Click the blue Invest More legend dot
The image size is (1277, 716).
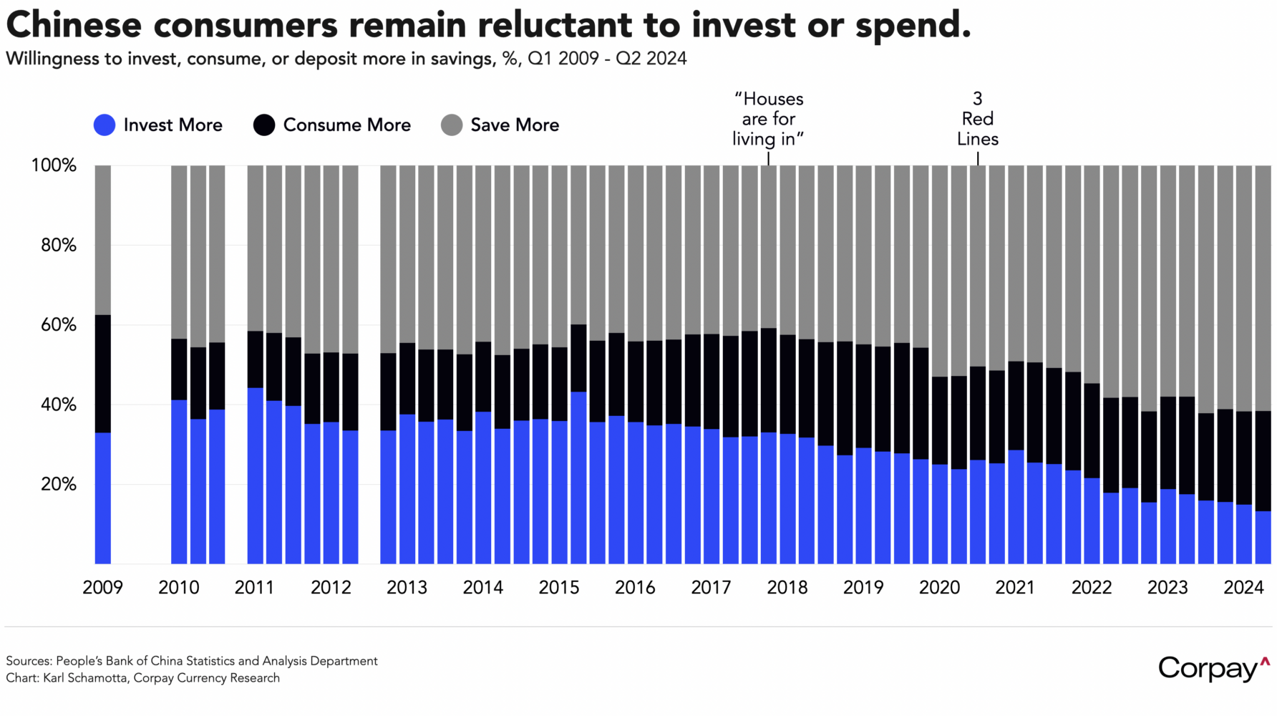(x=105, y=125)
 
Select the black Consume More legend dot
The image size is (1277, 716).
(x=264, y=125)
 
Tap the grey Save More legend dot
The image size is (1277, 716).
(x=452, y=125)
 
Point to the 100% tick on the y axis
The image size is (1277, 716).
(x=54, y=165)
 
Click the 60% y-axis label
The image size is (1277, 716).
(x=58, y=325)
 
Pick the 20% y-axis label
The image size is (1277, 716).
(x=58, y=485)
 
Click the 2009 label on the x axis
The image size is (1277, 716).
(x=102, y=588)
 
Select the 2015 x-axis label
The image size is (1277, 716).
(x=559, y=588)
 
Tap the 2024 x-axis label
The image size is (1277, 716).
(x=1243, y=588)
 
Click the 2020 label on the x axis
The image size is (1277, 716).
(x=939, y=588)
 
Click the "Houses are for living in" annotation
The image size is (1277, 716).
(x=768, y=119)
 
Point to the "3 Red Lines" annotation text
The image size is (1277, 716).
(x=977, y=119)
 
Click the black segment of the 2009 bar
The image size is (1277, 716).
(x=103, y=373)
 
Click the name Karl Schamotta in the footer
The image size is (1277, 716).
(x=85, y=678)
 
